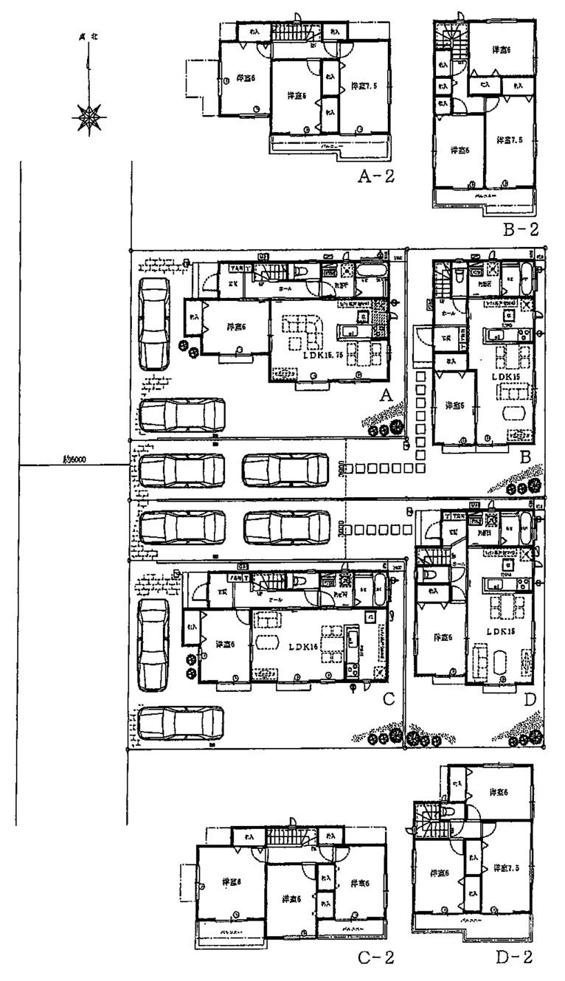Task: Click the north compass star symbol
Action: [89, 117]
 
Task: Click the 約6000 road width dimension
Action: [75, 460]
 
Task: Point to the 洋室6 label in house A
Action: [235, 327]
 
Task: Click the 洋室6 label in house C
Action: [225, 644]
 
